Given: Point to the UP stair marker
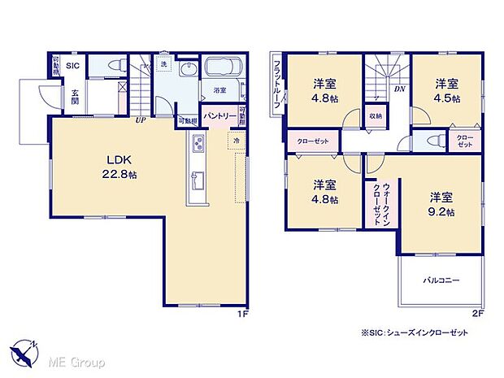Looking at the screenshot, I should pos(141,120).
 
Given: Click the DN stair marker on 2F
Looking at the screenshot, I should pos(400,89).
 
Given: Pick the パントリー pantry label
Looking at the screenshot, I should pos(219,116).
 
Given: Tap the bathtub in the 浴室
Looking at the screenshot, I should pos(219,68).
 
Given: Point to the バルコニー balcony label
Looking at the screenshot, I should pos(441,280).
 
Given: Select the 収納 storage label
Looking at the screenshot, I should pos(374,115).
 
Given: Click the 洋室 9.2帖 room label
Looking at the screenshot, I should pos(441,202).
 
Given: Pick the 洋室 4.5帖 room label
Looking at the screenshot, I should pos(445,90).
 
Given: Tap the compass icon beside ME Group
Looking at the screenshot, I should pos(24,350).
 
